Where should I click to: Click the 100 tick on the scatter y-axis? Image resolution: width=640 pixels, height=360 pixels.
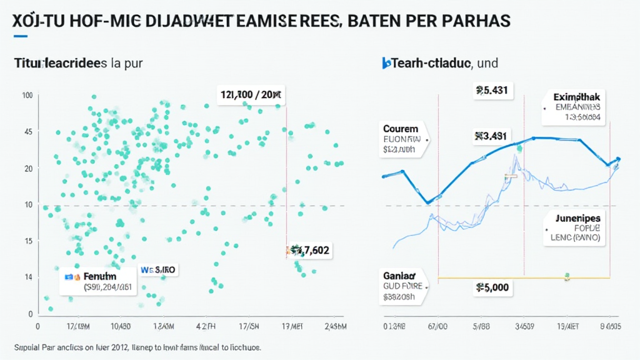[27, 95]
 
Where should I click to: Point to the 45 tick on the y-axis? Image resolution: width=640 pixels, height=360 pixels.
[28, 132]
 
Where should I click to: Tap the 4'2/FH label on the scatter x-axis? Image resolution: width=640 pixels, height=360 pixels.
[204, 326]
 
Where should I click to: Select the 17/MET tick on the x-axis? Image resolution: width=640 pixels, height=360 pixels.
[292, 326]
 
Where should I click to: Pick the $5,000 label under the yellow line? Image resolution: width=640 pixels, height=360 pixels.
[492, 288]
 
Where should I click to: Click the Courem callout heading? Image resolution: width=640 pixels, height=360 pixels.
[401, 129]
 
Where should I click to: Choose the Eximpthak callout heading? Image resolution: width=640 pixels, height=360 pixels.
[577, 97]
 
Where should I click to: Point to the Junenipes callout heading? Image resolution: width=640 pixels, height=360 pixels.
[577, 217]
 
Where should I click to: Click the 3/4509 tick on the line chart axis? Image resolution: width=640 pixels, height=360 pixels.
[524, 326]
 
